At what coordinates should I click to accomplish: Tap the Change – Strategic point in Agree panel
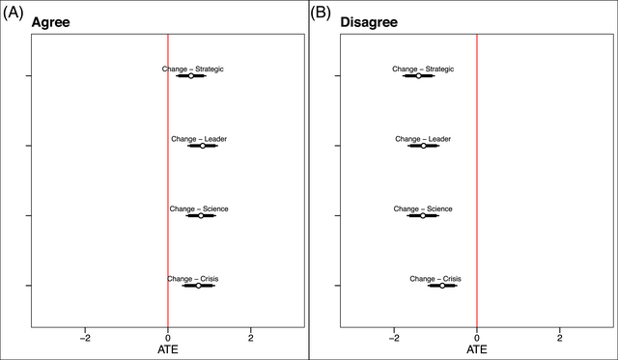click(191, 75)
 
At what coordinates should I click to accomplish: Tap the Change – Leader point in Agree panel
click(203, 146)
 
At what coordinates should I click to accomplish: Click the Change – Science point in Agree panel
click(201, 215)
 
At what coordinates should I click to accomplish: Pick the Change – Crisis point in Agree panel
click(198, 286)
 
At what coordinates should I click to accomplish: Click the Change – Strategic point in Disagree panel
click(419, 75)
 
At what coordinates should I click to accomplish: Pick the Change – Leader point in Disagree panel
click(423, 146)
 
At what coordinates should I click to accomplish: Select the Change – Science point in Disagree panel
click(423, 215)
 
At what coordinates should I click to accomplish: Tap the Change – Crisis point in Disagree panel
click(442, 286)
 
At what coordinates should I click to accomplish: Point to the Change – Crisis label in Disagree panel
click(442, 279)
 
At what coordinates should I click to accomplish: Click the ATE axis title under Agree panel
click(168, 351)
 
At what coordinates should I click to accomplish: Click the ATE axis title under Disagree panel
click(477, 351)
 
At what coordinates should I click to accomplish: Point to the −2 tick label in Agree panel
click(85, 339)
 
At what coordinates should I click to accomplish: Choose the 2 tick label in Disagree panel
click(560, 339)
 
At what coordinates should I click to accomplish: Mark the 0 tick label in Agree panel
click(168, 339)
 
